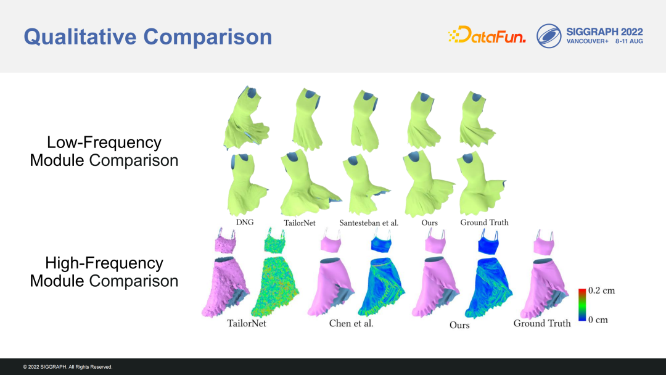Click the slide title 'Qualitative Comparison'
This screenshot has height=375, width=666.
(148, 36)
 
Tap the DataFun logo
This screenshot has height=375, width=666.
(487, 35)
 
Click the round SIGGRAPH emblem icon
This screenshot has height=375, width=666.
(549, 36)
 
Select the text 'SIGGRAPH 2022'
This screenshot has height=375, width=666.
(604, 32)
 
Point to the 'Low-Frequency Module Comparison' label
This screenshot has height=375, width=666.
(104, 151)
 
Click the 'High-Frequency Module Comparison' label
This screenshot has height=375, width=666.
(104, 272)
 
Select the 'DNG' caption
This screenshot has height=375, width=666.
(245, 222)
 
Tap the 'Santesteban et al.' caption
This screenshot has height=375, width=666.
(369, 223)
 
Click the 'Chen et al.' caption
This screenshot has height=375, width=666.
(351, 323)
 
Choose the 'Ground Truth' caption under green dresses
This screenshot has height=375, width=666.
(484, 222)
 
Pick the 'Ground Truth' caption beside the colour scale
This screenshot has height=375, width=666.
(542, 323)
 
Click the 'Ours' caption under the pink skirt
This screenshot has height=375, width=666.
(459, 325)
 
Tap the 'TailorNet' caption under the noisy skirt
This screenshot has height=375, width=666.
(246, 323)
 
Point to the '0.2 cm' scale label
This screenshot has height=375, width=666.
(601, 291)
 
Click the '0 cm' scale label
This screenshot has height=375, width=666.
(598, 319)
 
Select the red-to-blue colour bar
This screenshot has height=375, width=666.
(582, 305)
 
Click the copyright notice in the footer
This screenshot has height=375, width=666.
(68, 367)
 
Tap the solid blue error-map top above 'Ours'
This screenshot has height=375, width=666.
(488, 242)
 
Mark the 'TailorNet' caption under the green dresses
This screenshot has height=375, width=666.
(300, 223)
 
